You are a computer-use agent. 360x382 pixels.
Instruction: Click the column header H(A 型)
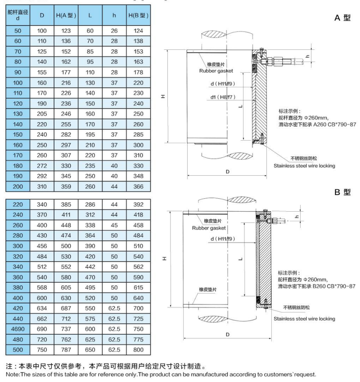pyautogui.click(x=66, y=16)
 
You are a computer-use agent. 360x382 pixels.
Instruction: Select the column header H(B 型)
pyautogui.click(x=138, y=16)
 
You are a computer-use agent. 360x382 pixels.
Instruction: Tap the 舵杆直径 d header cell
pyautogui.click(x=18, y=15)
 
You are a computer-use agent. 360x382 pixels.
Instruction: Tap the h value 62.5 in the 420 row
pyautogui.click(x=114, y=309)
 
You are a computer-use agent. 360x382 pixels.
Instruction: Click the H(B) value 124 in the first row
pyautogui.click(x=138, y=31)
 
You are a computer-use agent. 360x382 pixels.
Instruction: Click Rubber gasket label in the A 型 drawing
pyautogui.click(x=216, y=71)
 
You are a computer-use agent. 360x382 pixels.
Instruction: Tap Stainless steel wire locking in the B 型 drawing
pyautogui.click(x=304, y=319)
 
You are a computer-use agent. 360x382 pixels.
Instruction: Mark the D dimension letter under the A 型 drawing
pyautogui.click(x=228, y=172)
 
